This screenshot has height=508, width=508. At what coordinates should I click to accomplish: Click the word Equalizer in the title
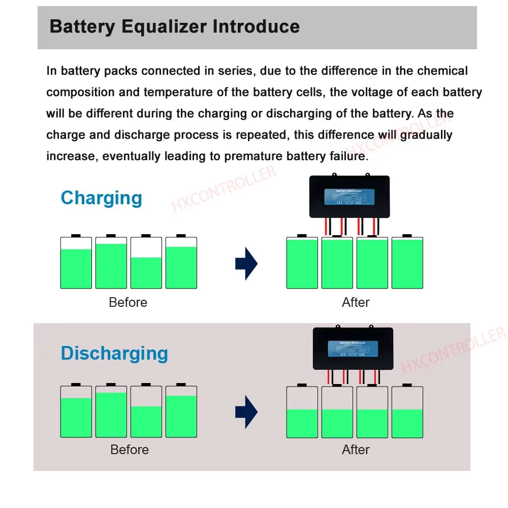pyautogui.click(x=163, y=26)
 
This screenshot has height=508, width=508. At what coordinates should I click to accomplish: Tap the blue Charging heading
pyautogui.click(x=101, y=198)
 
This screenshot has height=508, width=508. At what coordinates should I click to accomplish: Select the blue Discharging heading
pyautogui.click(x=114, y=353)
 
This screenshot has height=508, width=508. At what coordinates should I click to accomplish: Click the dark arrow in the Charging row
pyautogui.click(x=246, y=264)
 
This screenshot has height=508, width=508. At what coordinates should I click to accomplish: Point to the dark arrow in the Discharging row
pyautogui.click(x=246, y=412)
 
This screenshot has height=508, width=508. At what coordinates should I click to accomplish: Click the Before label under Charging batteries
pyautogui.click(x=128, y=302)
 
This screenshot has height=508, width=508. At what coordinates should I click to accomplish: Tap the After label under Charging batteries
pyautogui.click(x=356, y=302)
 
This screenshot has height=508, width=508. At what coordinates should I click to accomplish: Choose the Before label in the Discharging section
pyautogui.click(x=130, y=450)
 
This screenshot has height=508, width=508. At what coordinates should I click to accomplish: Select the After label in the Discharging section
pyautogui.click(x=356, y=450)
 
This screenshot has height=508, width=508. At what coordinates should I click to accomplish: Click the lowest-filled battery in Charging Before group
pyautogui.click(x=146, y=264)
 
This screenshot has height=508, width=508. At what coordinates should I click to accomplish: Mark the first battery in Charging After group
pyautogui.click(x=302, y=263)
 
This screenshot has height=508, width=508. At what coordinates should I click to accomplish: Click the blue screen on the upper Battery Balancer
pyautogui.click(x=349, y=197)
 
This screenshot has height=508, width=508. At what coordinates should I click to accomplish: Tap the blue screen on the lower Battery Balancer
pyautogui.click(x=353, y=348)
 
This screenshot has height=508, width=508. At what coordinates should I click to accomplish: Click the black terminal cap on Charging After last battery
pyautogui.click(x=407, y=236)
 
